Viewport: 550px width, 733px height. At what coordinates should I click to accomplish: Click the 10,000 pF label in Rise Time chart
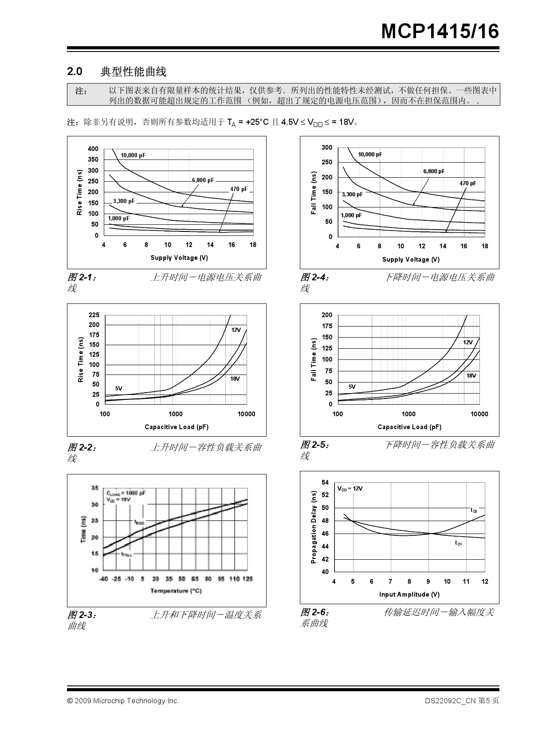pyautogui.click(x=133, y=155)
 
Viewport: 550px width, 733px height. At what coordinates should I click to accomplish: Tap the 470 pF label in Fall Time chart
pyautogui.click(x=467, y=183)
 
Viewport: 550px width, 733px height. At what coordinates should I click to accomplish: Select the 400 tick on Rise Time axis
pyautogui.click(x=93, y=149)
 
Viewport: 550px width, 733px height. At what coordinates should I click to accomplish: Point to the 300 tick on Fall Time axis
pyautogui.click(x=326, y=147)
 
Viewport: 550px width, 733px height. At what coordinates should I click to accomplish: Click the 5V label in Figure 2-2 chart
pyautogui.click(x=119, y=388)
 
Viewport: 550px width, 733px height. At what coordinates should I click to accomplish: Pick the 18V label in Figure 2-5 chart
pyautogui.click(x=471, y=375)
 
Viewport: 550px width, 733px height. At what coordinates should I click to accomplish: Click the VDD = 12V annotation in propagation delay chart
pyautogui.click(x=350, y=488)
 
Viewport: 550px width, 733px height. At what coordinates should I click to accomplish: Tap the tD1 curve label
pyautogui.click(x=458, y=543)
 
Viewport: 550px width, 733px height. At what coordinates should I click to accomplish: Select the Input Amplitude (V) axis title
pyautogui.click(x=409, y=594)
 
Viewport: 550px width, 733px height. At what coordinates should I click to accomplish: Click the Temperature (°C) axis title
pyautogui.click(x=176, y=591)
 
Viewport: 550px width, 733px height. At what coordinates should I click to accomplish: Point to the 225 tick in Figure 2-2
pyautogui.click(x=94, y=315)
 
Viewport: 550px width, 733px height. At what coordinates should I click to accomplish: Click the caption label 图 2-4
pyautogui.click(x=315, y=278)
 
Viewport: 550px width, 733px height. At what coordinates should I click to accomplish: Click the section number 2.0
pyautogui.click(x=75, y=71)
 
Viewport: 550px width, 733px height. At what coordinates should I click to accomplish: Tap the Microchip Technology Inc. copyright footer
pyautogui.click(x=123, y=701)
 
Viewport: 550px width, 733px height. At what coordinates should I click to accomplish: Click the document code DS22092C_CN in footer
pyautogui.click(x=450, y=701)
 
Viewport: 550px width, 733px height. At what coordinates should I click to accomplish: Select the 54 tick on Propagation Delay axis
pyautogui.click(x=325, y=482)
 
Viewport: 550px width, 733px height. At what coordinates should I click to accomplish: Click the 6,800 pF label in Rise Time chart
pyautogui.click(x=203, y=180)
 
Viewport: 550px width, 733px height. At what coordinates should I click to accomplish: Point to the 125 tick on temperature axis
pyautogui.click(x=247, y=579)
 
